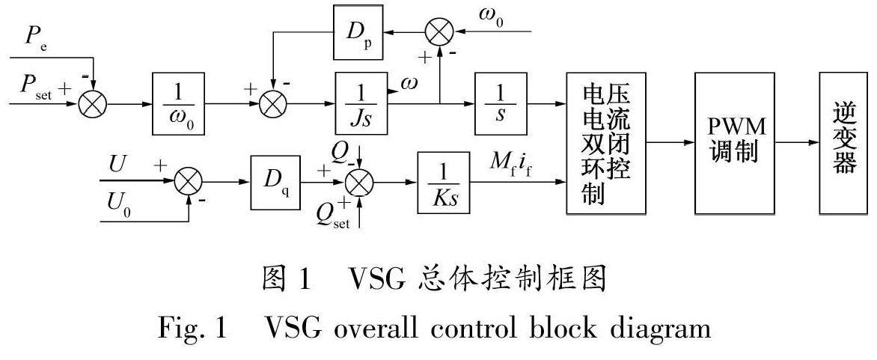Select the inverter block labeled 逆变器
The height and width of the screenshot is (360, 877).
pos(843,142)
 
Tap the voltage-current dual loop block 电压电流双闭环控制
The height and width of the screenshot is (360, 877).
pos(605,142)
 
